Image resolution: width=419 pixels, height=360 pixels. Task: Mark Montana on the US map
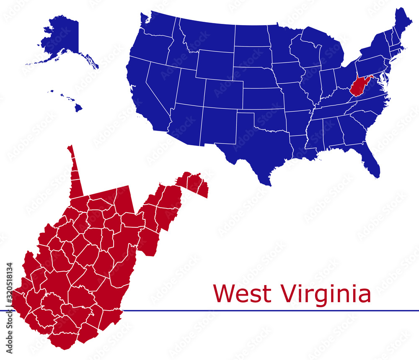pos(205,36)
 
